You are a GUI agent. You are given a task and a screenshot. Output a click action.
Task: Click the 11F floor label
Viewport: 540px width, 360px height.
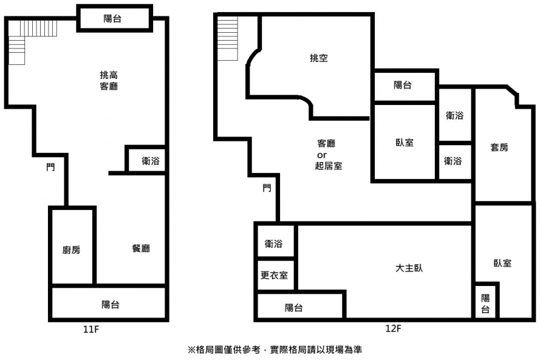(91, 330)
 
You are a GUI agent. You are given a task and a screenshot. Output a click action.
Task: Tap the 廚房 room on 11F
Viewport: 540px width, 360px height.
(72, 249)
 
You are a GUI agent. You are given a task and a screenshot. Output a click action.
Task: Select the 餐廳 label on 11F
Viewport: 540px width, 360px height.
(141, 248)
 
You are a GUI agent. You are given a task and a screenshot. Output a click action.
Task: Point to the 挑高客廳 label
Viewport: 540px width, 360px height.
(109, 81)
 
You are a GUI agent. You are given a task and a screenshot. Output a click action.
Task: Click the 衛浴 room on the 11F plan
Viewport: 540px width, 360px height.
(150, 161)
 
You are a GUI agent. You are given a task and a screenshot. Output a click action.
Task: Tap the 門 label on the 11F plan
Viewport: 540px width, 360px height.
(50, 166)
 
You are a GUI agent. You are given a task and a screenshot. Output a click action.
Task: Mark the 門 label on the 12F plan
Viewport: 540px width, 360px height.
(267, 188)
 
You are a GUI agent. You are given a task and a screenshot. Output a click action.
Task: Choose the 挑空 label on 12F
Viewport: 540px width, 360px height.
(319, 58)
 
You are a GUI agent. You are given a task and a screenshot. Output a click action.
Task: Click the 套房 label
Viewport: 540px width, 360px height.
(499, 147)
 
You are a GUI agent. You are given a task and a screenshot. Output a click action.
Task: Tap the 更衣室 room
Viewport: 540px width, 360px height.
(275, 275)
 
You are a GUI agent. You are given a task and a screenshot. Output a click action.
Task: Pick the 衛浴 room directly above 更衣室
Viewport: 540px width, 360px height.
(274, 244)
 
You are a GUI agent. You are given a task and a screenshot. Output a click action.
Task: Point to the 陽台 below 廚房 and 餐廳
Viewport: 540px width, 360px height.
(110, 304)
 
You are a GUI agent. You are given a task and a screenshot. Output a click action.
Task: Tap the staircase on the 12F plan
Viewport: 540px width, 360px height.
(228, 38)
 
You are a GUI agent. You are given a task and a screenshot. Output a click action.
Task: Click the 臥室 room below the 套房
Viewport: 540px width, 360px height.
(502, 263)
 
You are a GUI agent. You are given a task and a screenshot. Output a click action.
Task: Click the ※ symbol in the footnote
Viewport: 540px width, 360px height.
(191, 350)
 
